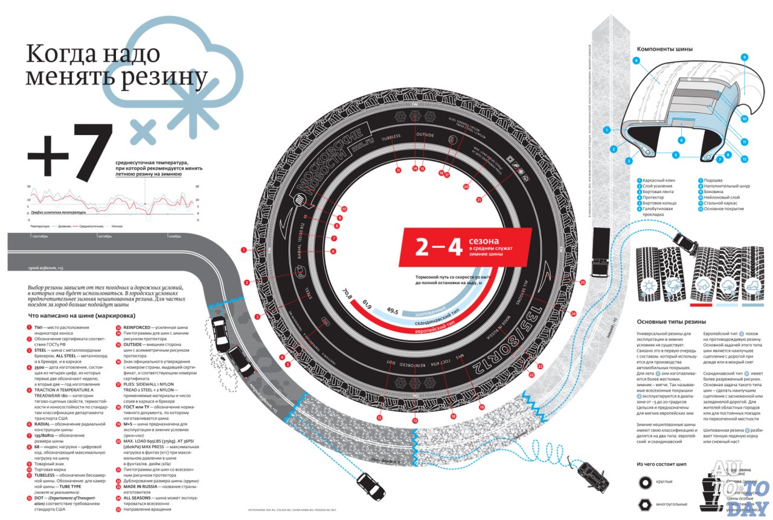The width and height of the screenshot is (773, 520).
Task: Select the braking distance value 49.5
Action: click(393, 311)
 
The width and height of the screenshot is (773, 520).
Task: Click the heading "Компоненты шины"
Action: click(665, 49)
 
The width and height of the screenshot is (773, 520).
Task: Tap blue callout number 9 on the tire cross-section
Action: click(744, 57)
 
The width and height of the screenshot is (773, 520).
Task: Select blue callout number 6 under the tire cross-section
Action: click(681, 140)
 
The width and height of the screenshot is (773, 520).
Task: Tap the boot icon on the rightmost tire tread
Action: click(753, 285)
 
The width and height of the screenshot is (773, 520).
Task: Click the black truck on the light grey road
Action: click(600, 252)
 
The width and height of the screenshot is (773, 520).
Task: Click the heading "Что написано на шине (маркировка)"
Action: click(82, 315)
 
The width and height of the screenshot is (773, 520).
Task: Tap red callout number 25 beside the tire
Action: click(582, 282)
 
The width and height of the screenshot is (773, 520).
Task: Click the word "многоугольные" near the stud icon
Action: click(676, 502)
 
